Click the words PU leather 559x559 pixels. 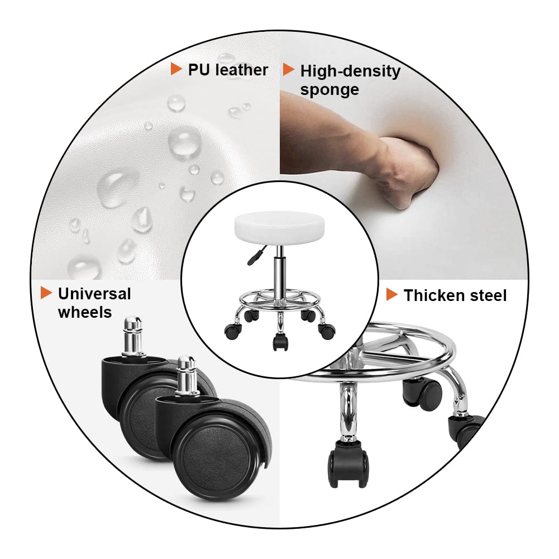point(228,70)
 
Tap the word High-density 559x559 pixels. point(351,71)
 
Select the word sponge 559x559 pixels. point(329,89)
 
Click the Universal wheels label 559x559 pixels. point(94,303)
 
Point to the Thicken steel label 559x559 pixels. point(455,295)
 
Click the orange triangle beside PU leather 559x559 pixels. point(176,69)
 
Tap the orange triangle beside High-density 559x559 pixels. point(288,69)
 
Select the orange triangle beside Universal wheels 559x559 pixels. point(46,293)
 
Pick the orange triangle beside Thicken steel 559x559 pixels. point(392,294)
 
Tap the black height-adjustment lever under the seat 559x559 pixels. point(255,255)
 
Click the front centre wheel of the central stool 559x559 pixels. point(280,342)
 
